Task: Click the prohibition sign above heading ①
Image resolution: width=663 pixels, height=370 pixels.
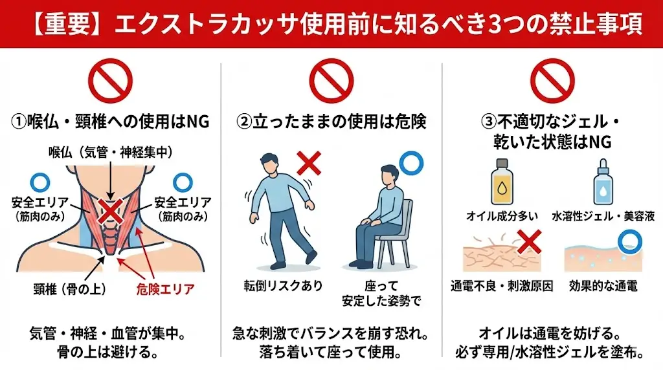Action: click(111, 81)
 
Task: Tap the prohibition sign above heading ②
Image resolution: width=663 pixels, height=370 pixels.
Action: click(331, 81)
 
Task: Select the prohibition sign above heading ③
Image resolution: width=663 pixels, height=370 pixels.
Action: click(552, 81)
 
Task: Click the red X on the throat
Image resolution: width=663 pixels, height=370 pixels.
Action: click(111, 210)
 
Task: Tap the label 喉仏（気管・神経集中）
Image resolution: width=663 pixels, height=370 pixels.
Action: click(111, 153)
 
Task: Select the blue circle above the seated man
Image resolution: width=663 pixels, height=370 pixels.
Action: click(410, 163)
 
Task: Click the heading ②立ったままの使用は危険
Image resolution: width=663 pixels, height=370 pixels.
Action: click(331, 120)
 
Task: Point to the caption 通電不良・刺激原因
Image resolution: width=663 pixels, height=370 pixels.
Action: click(502, 285)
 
